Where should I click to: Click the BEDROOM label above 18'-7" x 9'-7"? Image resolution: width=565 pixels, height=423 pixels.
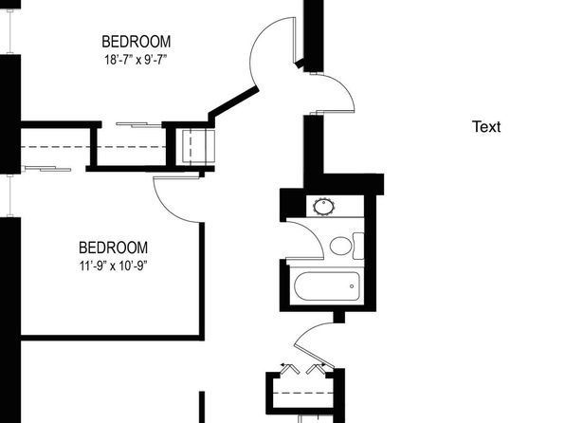pyautogui.click(x=137, y=42)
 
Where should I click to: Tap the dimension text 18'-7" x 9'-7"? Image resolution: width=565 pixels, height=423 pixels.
pyautogui.click(x=136, y=60)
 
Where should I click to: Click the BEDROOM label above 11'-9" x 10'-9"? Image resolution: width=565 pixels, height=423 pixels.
pyautogui.click(x=113, y=248)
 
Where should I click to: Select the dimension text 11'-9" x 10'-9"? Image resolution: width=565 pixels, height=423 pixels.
pyautogui.click(x=114, y=267)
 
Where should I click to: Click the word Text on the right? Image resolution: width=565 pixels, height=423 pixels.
pyautogui.click(x=486, y=127)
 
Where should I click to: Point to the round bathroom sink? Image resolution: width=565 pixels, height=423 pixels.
pyautogui.click(x=323, y=207)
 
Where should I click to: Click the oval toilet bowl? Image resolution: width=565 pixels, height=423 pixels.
pyautogui.click(x=340, y=246)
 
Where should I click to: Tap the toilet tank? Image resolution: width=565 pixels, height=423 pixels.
pyautogui.click(x=358, y=246)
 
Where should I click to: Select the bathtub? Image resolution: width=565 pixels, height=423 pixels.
pyautogui.click(x=327, y=286)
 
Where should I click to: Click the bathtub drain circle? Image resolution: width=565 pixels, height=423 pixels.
pyautogui.click(x=352, y=286)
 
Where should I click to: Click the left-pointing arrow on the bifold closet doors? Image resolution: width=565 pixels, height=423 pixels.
pyautogui.click(x=285, y=364)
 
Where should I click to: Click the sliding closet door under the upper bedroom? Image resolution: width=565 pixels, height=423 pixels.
pyautogui.click(x=138, y=125)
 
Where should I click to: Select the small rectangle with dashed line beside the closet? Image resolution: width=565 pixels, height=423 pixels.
pyautogui.click(x=198, y=146)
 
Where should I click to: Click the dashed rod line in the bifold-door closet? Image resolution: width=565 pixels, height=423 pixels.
pyautogui.click(x=301, y=393)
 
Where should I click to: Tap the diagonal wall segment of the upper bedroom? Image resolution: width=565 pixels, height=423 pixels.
pyautogui.click(x=233, y=102)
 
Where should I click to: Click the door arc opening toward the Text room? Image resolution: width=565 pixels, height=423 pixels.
pyautogui.click(x=341, y=90)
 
